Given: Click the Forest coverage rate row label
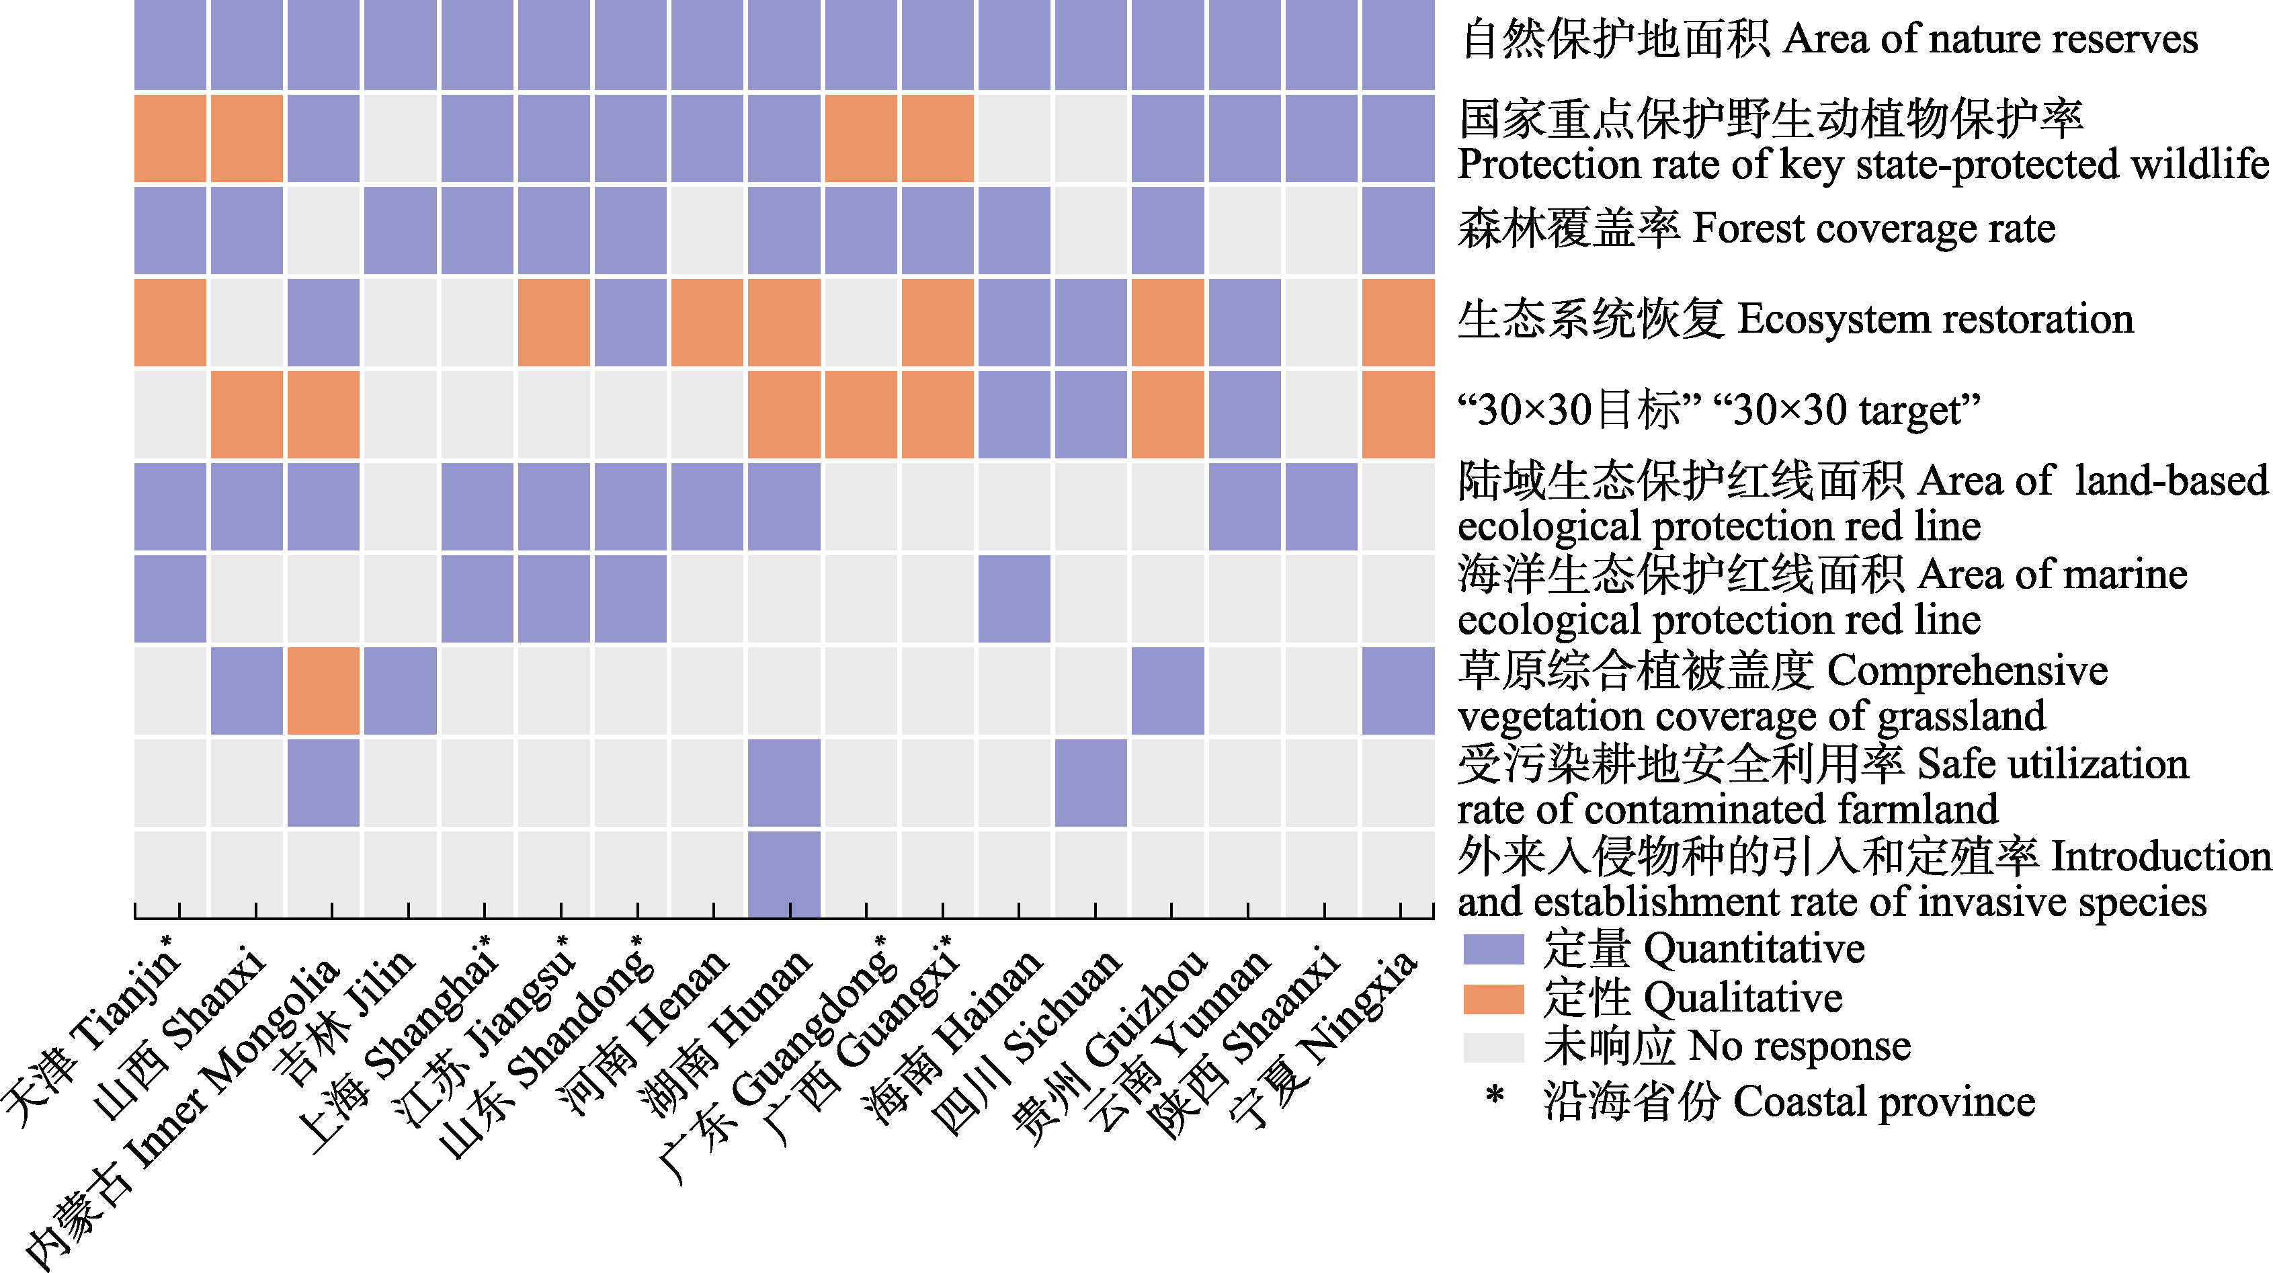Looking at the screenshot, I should [x=1756, y=229].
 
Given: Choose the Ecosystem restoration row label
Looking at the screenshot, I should [x=1796, y=319].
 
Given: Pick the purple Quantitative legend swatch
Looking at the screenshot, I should [x=1493, y=949].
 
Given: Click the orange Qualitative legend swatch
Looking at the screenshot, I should [x=1493, y=999].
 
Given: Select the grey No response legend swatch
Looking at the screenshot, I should [x=1493, y=1047].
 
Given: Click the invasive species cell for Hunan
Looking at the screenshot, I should [x=784, y=873].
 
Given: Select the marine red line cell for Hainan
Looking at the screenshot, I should [x=1014, y=598].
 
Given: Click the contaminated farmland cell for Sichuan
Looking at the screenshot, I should [x=1091, y=782].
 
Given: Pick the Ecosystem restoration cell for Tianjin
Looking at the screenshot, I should [x=170, y=322].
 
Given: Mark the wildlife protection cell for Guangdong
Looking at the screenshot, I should [x=860, y=138].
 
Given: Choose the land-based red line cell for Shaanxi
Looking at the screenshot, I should [x=1321, y=506].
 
